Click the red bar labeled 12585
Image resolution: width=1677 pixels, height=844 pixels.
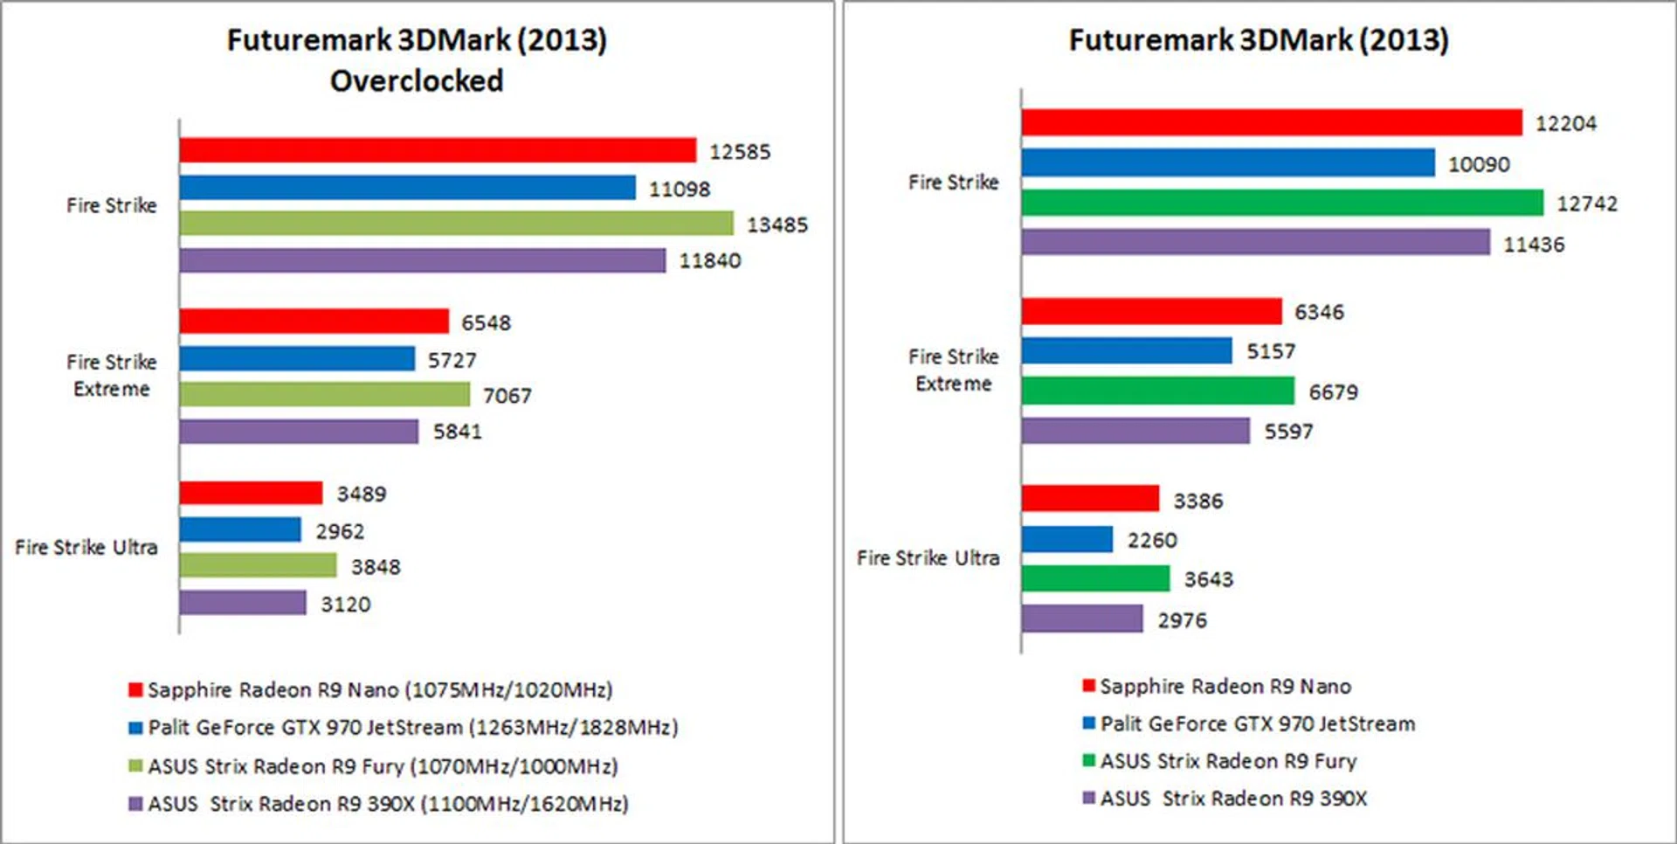pos(438,150)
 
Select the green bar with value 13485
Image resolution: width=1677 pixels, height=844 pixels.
pos(456,224)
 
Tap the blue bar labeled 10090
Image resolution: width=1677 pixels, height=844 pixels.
pos(1227,163)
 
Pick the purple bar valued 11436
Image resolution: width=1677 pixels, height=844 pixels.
pos(1255,242)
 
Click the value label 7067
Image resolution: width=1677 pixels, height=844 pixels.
pos(507,396)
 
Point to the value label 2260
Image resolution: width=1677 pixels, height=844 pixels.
pos(1151,541)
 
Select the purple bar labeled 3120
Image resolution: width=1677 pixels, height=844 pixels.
pos(243,603)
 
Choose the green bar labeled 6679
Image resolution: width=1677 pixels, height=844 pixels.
pos(1157,391)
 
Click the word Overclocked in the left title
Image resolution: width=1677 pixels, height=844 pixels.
pos(417,81)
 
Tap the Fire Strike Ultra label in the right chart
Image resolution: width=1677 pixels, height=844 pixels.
pos(928,558)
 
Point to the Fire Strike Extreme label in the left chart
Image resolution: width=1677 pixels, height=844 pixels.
pos(112,376)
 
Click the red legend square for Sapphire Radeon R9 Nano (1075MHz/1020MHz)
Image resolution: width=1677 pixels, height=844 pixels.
pos(135,690)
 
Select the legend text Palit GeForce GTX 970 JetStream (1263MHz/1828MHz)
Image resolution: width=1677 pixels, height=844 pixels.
pos(412,728)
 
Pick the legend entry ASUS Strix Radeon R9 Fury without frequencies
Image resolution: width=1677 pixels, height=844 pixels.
pos(1227,761)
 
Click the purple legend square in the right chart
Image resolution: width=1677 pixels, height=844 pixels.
pos(1088,798)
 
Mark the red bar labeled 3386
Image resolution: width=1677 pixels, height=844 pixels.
pos(1090,499)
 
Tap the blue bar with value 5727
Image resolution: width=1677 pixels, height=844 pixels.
pos(297,359)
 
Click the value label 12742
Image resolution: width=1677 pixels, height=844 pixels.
pos(1586,204)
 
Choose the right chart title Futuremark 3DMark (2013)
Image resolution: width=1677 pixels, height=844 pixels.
pos(1259,40)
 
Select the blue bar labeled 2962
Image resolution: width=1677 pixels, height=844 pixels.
pos(240,529)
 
